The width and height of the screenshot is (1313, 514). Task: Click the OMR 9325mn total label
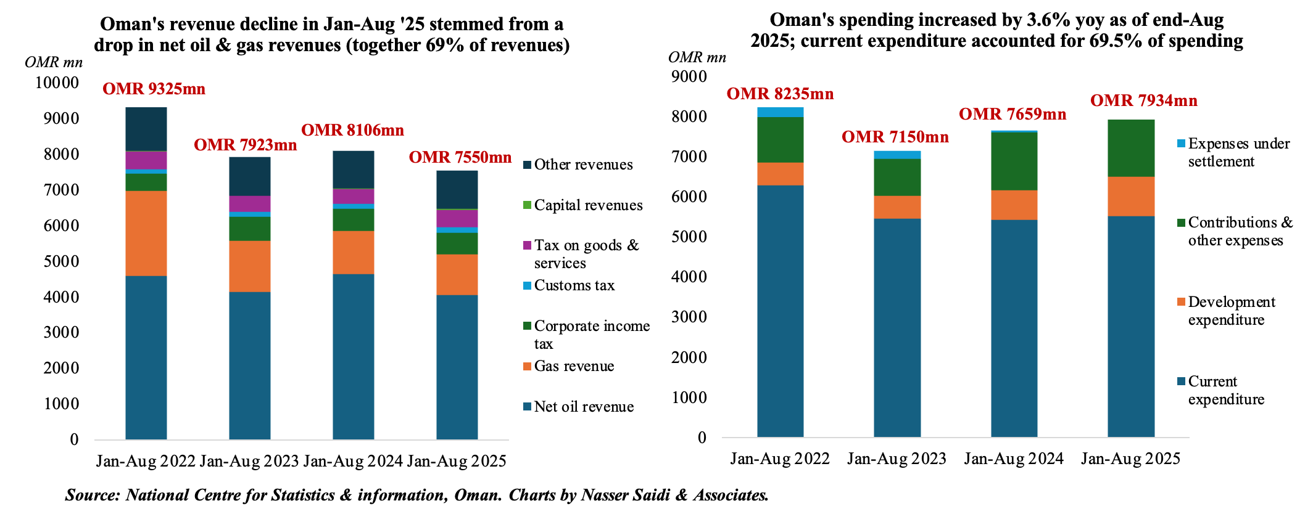click(x=154, y=89)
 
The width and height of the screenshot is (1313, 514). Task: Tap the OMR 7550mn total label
click(x=460, y=158)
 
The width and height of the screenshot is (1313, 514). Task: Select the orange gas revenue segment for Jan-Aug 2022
click(x=146, y=233)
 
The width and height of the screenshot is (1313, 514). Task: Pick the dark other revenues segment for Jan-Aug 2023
click(x=250, y=176)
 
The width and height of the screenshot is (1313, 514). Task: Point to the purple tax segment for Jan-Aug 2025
click(x=457, y=219)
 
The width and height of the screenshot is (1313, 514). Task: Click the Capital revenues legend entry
click(x=587, y=205)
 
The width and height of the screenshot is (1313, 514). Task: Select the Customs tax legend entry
click(x=574, y=285)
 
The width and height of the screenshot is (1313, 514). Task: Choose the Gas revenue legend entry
click(x=573, y=366)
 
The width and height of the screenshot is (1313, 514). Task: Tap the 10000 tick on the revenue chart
click(x=57, y=83)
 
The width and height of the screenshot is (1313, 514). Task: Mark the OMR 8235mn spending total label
click(x=780, y=94)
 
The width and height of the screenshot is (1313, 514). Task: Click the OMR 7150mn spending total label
click(x=895, y=137)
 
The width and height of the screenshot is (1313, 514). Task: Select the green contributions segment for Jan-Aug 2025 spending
click(x=1131, y=149)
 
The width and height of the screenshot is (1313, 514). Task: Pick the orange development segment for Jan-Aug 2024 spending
click(x=1014, y=205)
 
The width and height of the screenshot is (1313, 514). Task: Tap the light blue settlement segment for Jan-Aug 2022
click(x=781, y=112)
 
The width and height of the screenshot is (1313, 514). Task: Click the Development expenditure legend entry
click(x=1231, y=311)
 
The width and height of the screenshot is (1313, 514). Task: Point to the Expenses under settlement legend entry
click(x=1238, y=152)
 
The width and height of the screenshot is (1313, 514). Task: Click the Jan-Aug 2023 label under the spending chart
click(x=897, y=459)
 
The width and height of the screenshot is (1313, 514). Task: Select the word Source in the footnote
click(x=92, y=496)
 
